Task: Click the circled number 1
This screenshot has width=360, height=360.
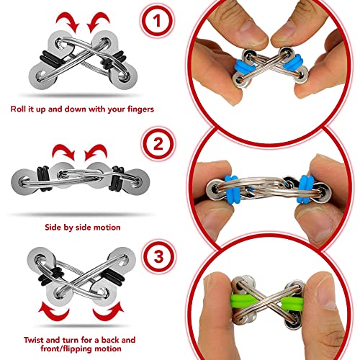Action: (157, 21)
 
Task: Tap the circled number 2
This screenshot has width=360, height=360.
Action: (158, 144)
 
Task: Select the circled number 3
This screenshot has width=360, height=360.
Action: (158, 256)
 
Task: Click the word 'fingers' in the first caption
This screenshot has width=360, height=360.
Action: (140, 109)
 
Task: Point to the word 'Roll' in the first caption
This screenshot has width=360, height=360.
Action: (18, 109)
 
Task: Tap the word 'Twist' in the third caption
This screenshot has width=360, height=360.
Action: (34, 340)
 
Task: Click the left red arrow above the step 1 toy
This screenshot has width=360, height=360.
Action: (68, 22)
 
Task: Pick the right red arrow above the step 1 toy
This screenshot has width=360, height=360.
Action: (99, 22)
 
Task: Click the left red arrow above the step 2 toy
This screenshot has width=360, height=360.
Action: (63, 152)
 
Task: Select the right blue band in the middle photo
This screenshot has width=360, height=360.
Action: (305, 189)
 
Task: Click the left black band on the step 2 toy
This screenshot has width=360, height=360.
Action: (43, 179)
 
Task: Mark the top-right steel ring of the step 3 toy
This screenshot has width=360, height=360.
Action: (122, 260)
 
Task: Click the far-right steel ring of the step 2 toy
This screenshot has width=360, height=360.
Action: (137, 181)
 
